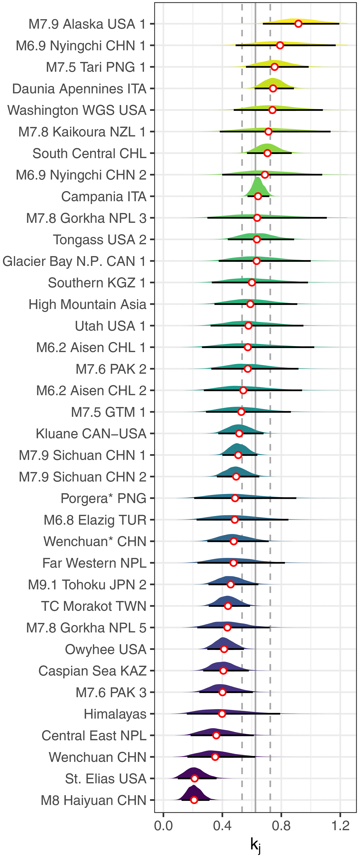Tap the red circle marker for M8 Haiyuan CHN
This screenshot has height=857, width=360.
coord(194,800)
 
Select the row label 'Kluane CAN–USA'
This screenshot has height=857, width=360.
coord(91,434)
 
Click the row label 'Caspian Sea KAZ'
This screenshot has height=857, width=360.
coord(92,671)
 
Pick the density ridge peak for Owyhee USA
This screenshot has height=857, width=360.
coord(222,638)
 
